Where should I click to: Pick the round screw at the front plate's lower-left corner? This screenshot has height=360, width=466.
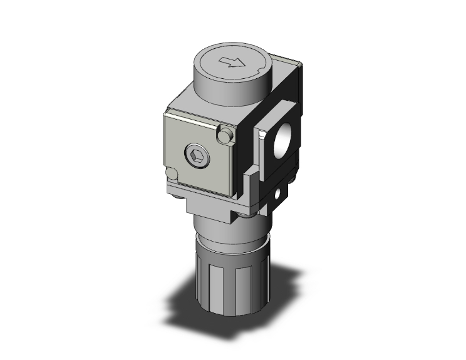[x=170, y=175]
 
